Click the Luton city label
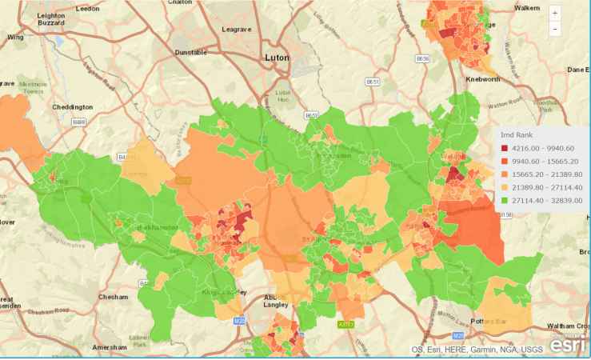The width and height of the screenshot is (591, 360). click(277, 58)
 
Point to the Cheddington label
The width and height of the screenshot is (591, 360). click(73, 106)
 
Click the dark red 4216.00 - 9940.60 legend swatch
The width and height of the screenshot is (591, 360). click(505, 147)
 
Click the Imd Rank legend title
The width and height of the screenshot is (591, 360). click(516, 134)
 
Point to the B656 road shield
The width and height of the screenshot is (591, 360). click(423, 58)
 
